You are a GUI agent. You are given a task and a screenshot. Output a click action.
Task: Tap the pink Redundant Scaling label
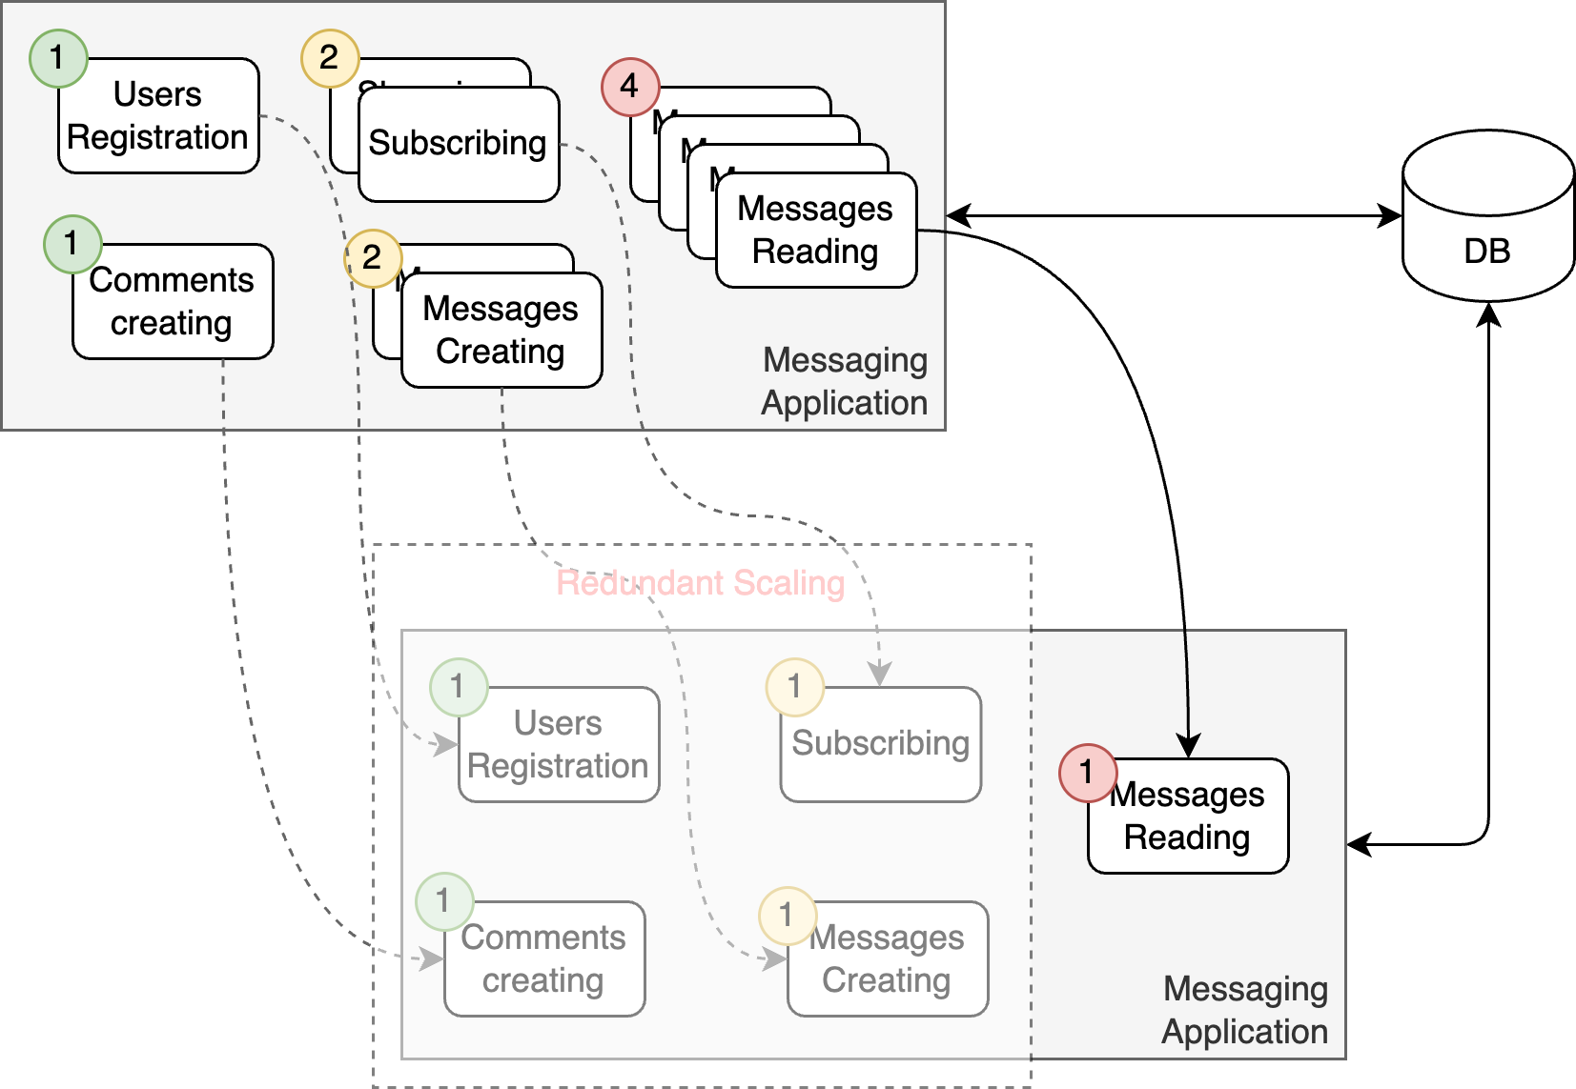click(701, 583)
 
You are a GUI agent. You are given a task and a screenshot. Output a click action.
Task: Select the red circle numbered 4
click(630, 87)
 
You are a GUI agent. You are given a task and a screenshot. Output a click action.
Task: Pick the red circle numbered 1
click(1088, 772)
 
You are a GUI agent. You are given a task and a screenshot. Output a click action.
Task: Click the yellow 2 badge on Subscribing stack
click(330, 58)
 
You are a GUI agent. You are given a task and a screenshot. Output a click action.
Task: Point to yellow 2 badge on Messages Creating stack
click(373, 257)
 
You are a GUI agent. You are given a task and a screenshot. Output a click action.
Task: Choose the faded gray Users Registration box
click(559, 745)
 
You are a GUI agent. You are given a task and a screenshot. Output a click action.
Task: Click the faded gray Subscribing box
click(881, 745)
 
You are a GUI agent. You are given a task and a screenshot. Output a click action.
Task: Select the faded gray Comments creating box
click(544, 959)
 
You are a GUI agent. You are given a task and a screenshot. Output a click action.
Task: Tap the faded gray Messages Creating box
click(888, 959)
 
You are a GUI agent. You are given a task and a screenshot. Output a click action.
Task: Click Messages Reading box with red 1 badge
click(1188, 817)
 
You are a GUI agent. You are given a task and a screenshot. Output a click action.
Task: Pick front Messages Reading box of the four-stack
click(816, 231)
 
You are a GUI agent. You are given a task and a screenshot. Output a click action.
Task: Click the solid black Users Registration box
click(158, 116)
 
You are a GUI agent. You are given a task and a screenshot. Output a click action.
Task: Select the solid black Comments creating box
click(173, 302)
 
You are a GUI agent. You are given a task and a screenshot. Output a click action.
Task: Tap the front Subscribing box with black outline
click(459, 145)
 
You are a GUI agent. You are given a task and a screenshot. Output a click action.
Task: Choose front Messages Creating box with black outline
click(501, 331)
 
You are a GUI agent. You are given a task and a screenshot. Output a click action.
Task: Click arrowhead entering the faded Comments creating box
click(433, 958)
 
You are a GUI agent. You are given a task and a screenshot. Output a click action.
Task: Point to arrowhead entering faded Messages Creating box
click(775, 958)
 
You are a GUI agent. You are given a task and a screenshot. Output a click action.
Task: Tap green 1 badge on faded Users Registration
click(459, 687)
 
